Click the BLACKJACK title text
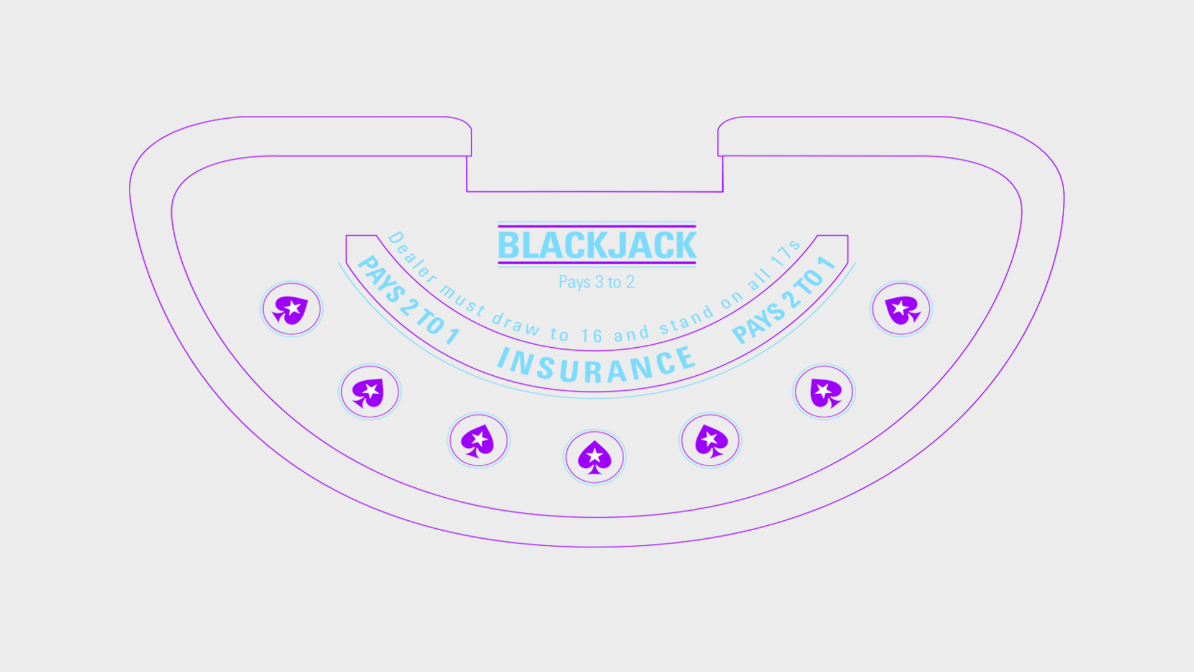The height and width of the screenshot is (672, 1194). [x=597, y=245]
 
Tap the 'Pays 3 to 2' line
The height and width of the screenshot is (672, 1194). [x=596, y=282]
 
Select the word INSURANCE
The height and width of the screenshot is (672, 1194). [x=596, y=366]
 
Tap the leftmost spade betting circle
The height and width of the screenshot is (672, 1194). [x=291, y=309]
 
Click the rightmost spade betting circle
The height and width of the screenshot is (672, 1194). [x=900, y=309]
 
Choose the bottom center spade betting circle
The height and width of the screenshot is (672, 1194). [x=595, y=457]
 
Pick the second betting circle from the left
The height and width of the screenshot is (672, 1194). [x=369, y=392]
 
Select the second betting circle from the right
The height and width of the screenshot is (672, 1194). [x=824, y=392]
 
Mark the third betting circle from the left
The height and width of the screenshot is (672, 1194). [x=478, y=441]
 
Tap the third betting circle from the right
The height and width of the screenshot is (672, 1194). [x=710, y=441]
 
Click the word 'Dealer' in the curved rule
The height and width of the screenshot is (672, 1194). [x=412, y=256]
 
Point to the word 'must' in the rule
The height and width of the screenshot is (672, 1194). [x=462, y=299]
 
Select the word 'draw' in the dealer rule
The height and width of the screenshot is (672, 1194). [x=516, y=324]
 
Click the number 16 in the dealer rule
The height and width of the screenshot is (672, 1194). [x=591, y=337]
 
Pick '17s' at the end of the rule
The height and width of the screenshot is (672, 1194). [x=785, y=251]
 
